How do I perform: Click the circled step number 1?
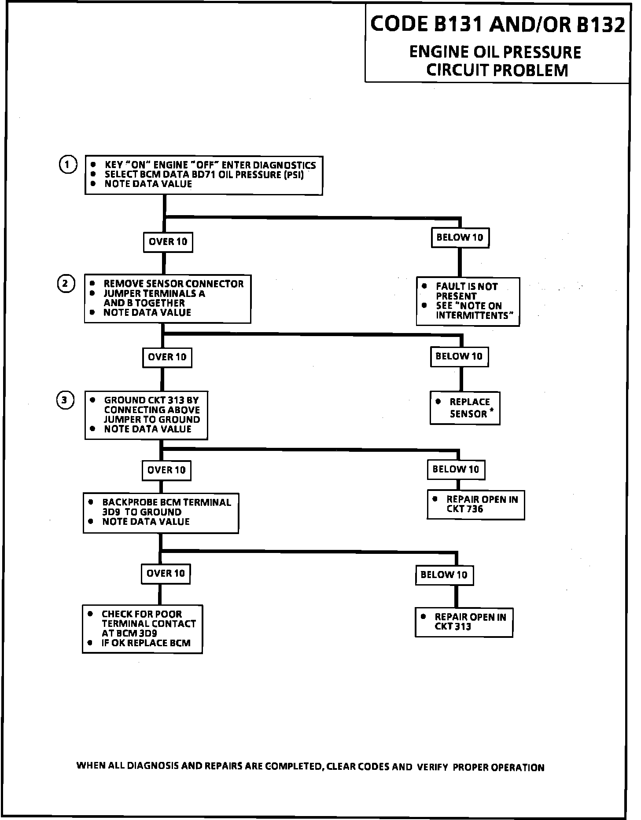(x=67, y=165)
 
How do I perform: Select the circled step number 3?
(x=65, y=400)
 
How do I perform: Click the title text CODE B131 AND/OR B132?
(x=497, y=25)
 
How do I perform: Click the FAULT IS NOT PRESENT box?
(x=468, y=301)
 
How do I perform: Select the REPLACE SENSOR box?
(x=465, y=408)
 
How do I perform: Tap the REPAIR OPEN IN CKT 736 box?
(x=475, y=505)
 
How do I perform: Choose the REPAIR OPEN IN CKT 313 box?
(x=464, y=622)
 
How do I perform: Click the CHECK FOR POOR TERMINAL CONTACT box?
(x=142, y=629)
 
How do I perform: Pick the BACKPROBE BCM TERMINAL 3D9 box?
(x=161, y=512)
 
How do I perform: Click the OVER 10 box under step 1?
(x=168, y=242)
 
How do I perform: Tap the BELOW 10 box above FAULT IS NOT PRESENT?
(x=460, y=238)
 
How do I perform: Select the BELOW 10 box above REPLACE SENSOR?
(x=459, y=356)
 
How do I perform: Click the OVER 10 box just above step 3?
(x=167, y=357)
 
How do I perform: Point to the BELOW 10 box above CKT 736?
(x=456, y=469)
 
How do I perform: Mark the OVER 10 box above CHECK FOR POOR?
(x=166, y=573)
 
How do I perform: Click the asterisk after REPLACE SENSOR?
(x=491, y=411)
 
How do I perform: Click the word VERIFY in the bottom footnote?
(x=433, y=768)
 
